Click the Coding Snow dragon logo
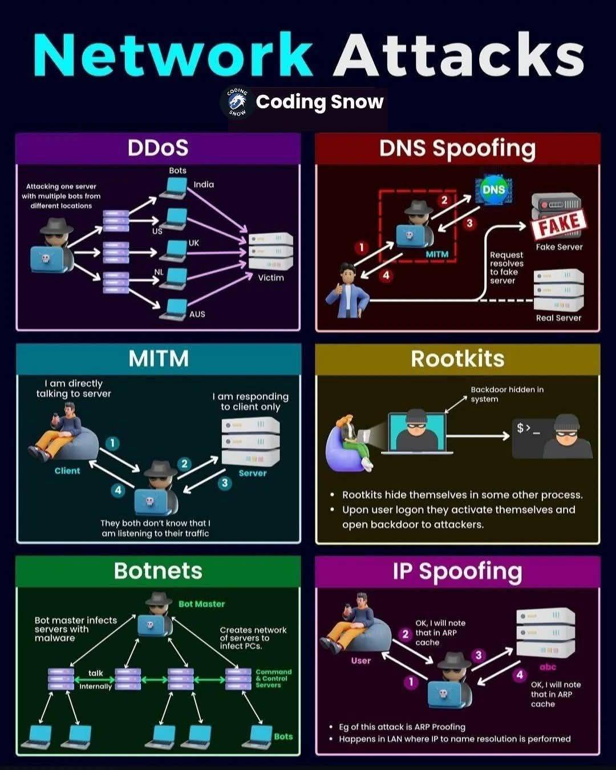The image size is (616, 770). coord(238,103)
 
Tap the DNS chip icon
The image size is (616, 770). coord(493,189)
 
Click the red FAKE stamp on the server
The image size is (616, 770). coord(559,224)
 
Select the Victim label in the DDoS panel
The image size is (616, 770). coord(271,278)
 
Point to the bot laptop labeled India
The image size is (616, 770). coord(173,189)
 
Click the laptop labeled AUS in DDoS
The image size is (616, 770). coord(173,310)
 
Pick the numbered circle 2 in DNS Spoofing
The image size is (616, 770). coord(444,200)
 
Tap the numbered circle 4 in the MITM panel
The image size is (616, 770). coord(118,489)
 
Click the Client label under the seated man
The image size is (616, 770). coord(67,471)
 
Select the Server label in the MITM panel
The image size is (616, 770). coord(253,473)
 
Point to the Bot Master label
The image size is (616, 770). coord(202,604)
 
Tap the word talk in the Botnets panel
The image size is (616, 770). coord(96,673)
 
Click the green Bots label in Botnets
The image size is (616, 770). coord(283,736)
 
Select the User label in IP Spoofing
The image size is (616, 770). coord(361,660)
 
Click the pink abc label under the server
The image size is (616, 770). coord(548,667)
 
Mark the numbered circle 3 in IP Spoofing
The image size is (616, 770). coord(478,655)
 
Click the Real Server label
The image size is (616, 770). coord(558,318)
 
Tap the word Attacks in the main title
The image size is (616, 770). coord(459,54)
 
